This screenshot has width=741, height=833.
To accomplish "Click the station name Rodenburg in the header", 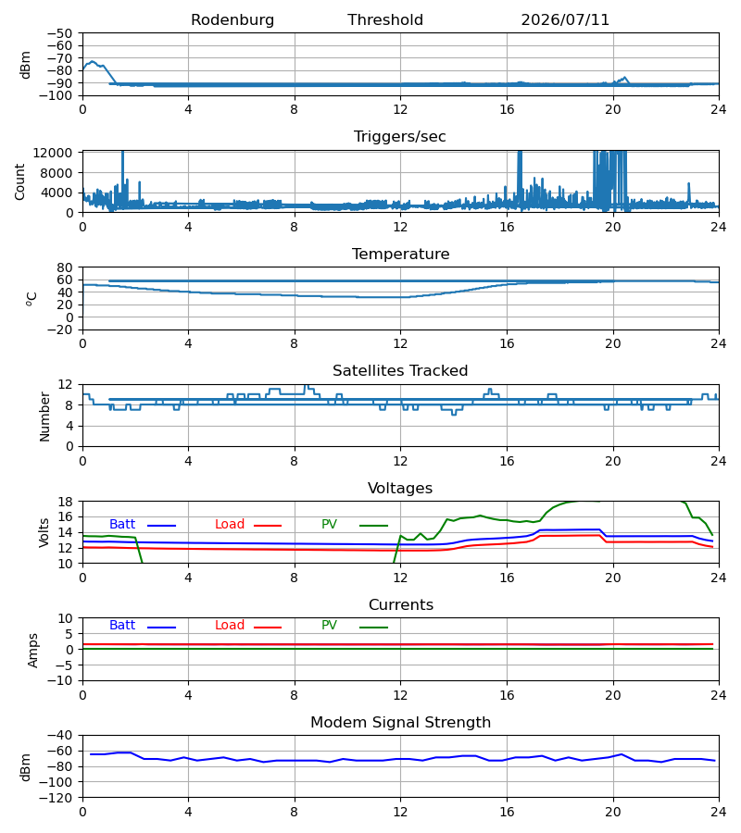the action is tap(232, 20).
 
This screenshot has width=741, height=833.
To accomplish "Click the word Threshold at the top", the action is tap(385, 20).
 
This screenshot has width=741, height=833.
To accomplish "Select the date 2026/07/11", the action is tap(565, 20).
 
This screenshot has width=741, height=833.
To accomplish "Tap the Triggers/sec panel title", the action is tap(400, 137).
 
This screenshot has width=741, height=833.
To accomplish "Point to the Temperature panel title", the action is tap(400, 254).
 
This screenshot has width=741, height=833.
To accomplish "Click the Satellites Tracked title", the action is tap(400, 371).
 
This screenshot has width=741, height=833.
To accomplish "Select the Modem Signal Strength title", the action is tap(400, 723).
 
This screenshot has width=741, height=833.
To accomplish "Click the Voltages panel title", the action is tap(400, 488).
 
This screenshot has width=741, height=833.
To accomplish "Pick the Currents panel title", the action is tap(401, 605).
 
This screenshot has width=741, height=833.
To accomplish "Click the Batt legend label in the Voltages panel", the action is tap(122, 525).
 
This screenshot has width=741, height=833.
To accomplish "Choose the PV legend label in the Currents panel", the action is tap(329, 626).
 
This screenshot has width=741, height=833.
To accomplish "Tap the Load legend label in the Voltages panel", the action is tap(230, 525).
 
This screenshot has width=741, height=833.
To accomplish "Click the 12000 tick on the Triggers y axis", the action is tap(53, 153).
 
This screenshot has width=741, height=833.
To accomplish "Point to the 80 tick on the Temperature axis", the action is tap(65, 267).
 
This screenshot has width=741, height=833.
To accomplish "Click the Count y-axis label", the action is tap(19, 181).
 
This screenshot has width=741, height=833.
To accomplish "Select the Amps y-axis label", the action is tap(33, 651).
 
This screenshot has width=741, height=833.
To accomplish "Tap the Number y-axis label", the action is tap(44, 416).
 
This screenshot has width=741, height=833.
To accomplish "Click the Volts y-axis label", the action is tap(44, 533).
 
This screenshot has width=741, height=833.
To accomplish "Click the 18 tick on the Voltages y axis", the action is tap(65, 502).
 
